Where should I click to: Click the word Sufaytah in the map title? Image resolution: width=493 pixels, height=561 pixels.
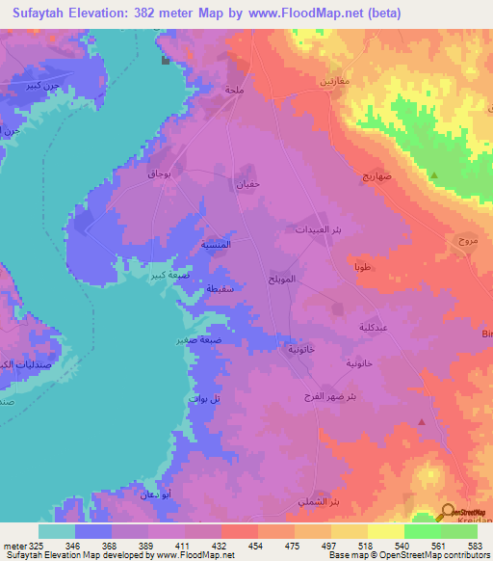tap(46, 13)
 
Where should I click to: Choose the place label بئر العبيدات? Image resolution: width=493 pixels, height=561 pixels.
tap(315, 231)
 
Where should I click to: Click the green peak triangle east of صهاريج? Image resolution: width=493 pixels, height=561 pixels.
tap(433, 175)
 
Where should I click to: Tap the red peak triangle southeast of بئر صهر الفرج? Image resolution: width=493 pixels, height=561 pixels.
tap(422, 421)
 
